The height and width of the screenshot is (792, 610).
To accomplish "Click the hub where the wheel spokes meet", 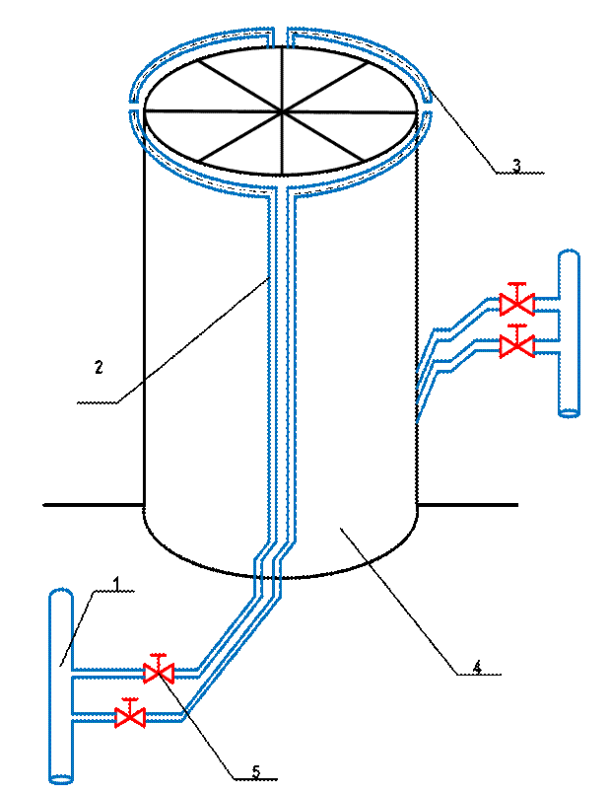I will tap(284, 110).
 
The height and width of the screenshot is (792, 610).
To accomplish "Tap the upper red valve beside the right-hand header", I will tap(516, 304).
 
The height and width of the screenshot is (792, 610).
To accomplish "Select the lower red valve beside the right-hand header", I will tap(516, 346).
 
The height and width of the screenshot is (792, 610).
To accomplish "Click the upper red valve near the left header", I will tap(159, 673).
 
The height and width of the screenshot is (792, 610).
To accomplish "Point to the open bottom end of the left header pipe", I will tap(61, 779).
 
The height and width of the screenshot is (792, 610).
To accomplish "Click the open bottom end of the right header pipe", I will tap(569, 412).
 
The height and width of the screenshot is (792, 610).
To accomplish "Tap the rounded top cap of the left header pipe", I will tap(61, 594).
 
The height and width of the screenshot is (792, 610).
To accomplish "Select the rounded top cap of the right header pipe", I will tap(569, 255).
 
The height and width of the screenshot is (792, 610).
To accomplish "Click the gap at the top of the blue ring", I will tap(280, 36).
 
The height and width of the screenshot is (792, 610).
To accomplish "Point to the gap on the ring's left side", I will tap(134, 105).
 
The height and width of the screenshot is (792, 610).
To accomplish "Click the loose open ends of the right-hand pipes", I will tap(422, 395).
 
